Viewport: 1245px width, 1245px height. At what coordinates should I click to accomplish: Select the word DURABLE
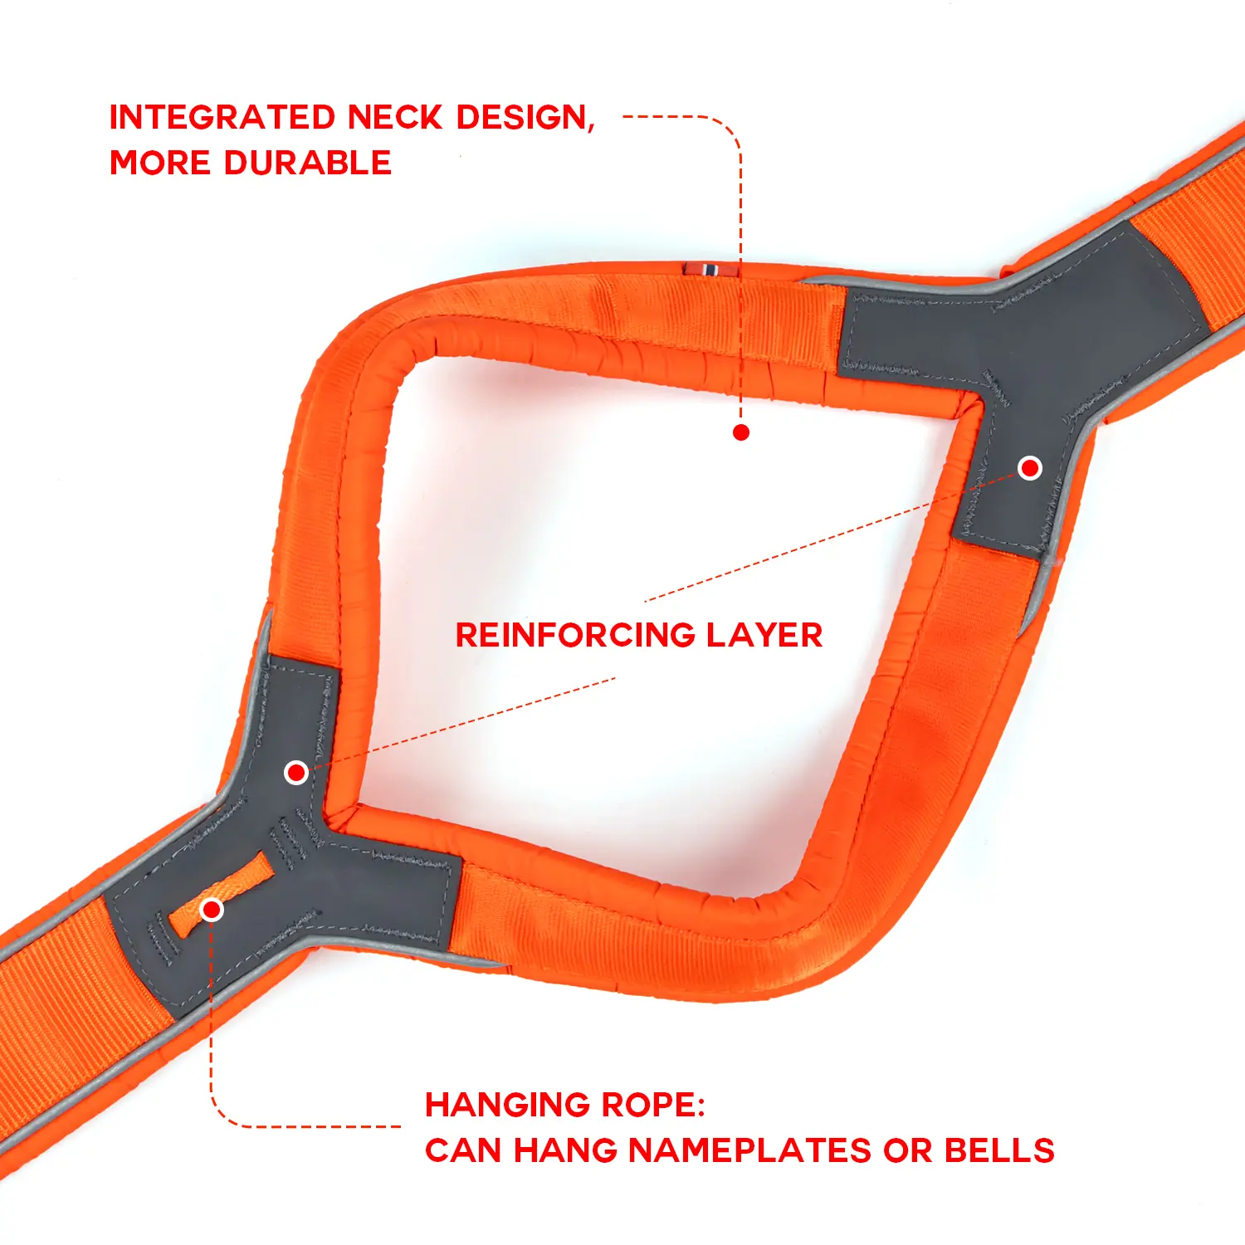pos(308,163)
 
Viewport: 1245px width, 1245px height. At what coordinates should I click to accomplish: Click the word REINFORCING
pos(575,636)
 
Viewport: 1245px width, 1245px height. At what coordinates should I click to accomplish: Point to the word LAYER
pos(764,636)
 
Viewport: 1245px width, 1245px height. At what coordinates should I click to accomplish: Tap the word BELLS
pos(999,1151)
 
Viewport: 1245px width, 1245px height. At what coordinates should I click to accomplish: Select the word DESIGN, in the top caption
pos(525,118)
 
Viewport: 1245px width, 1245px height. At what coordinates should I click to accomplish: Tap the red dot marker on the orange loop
pos(212,910)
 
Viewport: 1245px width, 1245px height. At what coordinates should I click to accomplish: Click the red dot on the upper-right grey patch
pos(1030,468)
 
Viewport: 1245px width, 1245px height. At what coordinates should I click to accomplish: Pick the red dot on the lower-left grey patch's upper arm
pos(296,773)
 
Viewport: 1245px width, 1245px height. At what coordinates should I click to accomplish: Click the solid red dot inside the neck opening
pos(741,432)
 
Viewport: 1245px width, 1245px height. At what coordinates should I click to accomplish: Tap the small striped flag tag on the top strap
pos(710,269)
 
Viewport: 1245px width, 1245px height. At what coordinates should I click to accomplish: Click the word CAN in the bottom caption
pos(463,1151)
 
